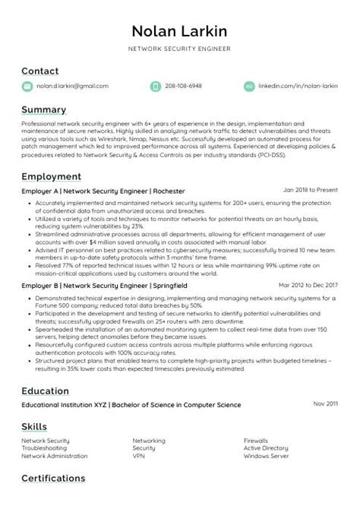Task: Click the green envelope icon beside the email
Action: (x=27, y=87)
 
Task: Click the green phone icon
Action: (x=155, y=87)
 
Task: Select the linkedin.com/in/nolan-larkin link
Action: (x=298, y=87)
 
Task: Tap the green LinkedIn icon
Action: (x=248, y=87)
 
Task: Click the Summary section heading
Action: (x=43, y=110)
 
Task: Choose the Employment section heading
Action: (x=52, y=176)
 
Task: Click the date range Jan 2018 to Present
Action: (x=310, y=190)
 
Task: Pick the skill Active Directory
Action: (x=267, y=448)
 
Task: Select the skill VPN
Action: (x=139, y=456)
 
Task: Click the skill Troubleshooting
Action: (x=45, y=448)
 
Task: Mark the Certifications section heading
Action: (x=53, y=479)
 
